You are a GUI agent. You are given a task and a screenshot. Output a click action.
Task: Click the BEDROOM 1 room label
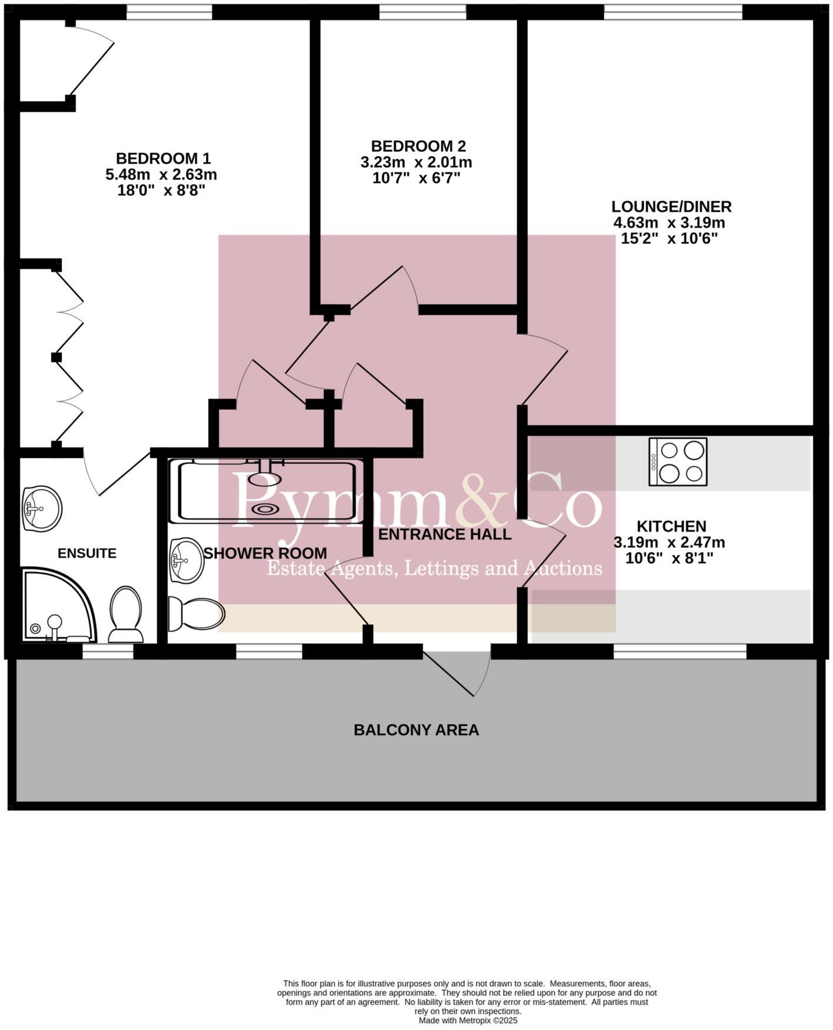pyautogui.click(x=163, y=159)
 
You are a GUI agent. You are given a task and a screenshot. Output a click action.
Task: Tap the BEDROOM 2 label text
pyautogui.click(x=418, y=146)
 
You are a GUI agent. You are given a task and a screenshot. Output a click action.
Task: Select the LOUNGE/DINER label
pyautogui.click(x=671, y=207)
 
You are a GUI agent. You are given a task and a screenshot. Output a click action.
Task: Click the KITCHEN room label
pyautogui.click(x=671, y=526)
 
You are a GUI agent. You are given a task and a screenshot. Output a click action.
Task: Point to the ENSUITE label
pyautogui.click(x=87, y=553)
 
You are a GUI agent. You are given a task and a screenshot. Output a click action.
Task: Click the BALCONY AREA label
pyautogui.click(x=416, y=730)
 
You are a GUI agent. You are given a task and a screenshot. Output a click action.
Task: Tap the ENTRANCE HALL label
pyautogui.click(x=445, y=534)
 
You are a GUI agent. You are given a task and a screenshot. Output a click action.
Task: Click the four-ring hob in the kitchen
pyautogui.click(x=678, y=462)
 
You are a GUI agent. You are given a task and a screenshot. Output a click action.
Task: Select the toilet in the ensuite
pyautogui.click(x=125, y=614)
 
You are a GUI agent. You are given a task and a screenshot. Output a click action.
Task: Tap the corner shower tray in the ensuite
pyautogui.click(x=56, y=606)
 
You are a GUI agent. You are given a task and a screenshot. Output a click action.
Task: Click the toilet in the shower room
pyautogui.click(x=195, y=614)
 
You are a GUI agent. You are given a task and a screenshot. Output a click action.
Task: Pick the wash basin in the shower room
pyautogui.click(x=186, y=560)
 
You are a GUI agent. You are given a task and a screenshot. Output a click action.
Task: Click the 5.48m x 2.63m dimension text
pyautogui.click(x=161, y=175)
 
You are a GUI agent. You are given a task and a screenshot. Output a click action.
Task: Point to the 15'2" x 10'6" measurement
pyautogui.click(x=669, y=239)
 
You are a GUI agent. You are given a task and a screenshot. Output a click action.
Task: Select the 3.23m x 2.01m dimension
pyautogui.click(x=416, y=162)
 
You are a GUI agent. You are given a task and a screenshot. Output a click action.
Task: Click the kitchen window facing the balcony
pyautogui.click(x=679, y=651)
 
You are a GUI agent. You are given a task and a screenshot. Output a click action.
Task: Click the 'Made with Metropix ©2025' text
pyautogui.click(x=468, y=1021)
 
